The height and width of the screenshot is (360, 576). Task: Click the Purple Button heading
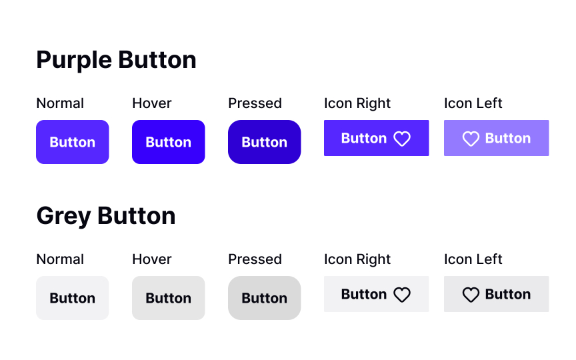[116, 60]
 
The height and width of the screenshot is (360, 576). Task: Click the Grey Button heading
[105, 216]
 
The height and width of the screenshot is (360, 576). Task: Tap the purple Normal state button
[72, 142]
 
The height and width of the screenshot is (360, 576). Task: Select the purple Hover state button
[168, 142]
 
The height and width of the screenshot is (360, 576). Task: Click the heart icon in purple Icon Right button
[402, 139]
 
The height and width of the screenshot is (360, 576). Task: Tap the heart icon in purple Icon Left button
[471, 139]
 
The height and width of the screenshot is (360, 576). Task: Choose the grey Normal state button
[72, 298]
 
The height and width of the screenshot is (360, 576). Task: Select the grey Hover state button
[168, 298]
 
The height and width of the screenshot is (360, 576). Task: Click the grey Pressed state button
[264, 298]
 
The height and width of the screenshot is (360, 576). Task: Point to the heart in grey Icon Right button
[402, 295]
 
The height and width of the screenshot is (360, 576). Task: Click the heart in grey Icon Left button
[471, 295]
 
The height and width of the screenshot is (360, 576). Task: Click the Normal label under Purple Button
[60, 103]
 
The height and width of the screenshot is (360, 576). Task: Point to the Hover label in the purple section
[152, 103]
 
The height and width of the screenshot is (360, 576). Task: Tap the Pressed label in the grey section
[255, 259]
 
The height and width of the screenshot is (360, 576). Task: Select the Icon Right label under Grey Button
[357, 259]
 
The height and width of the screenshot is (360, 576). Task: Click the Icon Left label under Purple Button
[473, 103]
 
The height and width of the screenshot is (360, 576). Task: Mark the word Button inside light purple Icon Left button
[508, 139]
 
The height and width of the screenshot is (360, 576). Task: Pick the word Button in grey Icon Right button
[364, 295]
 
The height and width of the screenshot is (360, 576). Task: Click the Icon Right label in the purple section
[357, 103]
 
